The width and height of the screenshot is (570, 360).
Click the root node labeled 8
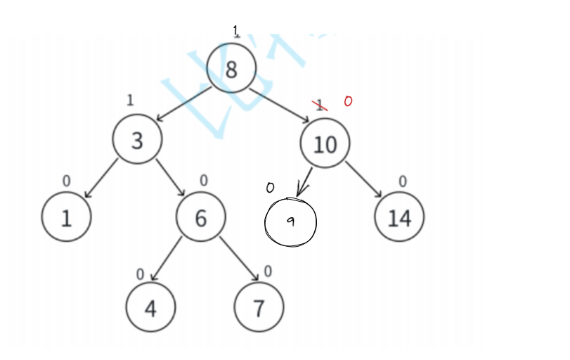(232, 68)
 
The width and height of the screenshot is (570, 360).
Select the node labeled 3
(137, 140)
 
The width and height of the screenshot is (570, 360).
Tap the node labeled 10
(325, 143)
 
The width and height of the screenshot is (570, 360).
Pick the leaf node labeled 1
(66, 217)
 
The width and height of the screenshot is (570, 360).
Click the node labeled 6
(201, 217)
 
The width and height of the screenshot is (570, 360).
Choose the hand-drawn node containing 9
(290, 222)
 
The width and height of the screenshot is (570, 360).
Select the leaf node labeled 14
(399, 217)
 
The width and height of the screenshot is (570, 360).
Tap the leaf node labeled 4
(150, 307)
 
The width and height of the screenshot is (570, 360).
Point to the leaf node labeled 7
(259, 307)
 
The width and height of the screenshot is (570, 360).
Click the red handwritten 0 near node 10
(348, 102)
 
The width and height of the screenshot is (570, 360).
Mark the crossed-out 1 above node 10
(320, 105)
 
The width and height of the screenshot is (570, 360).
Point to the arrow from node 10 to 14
(363, 180)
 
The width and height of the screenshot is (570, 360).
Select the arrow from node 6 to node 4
(167, 261)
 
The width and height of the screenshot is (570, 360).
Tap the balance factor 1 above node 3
(130, 100)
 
